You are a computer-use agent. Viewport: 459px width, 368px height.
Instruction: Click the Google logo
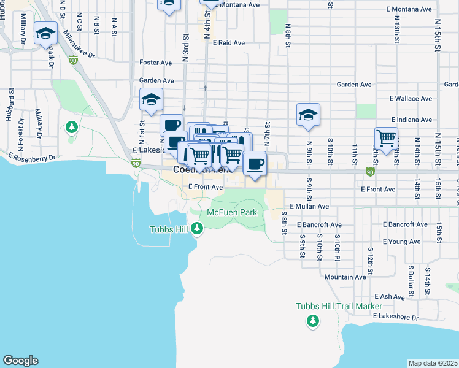[x=20, y=361]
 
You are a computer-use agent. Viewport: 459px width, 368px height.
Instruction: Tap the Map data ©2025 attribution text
[x=432, y=363]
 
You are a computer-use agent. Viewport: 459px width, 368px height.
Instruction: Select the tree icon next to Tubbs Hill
[x=196, y=229]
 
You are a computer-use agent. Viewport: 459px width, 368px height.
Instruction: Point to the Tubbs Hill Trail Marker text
[x=339, y=306]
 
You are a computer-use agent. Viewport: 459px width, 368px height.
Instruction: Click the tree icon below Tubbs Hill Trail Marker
[x=313, y=320]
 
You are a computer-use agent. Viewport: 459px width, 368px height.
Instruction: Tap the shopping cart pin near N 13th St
[x=386, y=139]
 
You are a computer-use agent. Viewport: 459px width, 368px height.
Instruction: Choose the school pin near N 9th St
[x=308, y=114]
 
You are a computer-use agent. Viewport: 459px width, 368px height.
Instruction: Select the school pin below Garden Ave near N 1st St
[x=151, y=100]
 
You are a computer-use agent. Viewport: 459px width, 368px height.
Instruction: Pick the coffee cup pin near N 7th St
[x=254, y=163]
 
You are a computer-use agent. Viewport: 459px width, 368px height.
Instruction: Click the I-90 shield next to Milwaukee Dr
[x=73, y=60]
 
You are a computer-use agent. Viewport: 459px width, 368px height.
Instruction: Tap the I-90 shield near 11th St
[x=369, y=171]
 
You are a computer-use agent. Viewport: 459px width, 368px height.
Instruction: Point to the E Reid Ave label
[x=229, y=43]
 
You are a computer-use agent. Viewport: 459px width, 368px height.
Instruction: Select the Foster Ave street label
[x=156, y=63]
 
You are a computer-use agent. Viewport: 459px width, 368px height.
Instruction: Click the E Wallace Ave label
[x=411, y=98]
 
